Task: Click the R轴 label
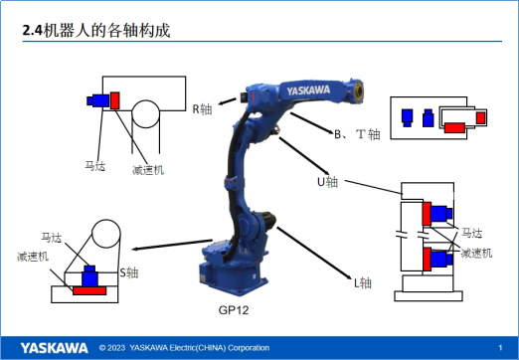(202, 109)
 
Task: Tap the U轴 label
(327, 182)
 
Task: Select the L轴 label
(363, 283)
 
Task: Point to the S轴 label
(128, 272)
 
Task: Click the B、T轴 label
(357, 134)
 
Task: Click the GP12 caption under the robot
(234, 310)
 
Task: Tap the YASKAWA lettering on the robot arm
(308, 90)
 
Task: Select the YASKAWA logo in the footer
(55, 348)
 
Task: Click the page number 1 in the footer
(500, 348)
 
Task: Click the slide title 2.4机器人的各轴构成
(96, 31)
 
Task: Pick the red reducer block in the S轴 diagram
(89, 290)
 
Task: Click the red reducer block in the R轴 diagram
(114, 100)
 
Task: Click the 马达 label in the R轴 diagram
(95, 165)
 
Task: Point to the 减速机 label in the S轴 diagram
(33, 257)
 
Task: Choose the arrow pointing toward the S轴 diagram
(172, 245)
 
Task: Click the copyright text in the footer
(184, 348)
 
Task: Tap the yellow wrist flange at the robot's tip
(359, 90)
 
